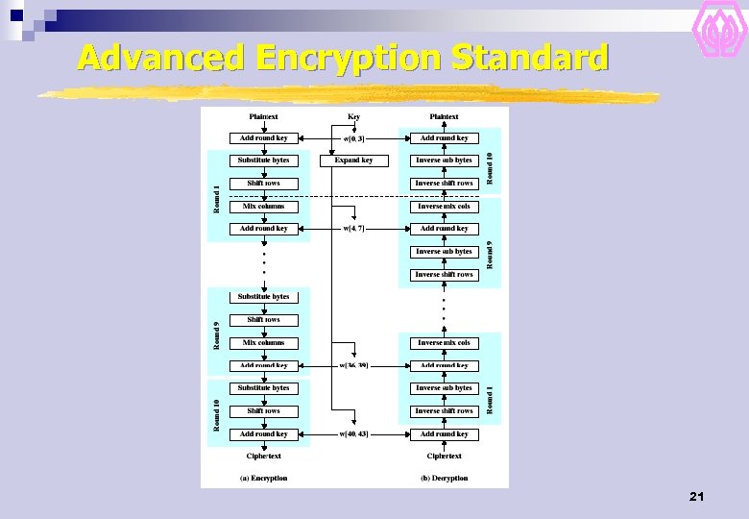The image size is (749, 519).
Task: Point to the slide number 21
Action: point(697,497)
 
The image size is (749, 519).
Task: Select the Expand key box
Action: point(353,161)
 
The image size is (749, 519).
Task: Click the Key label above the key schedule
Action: point(353,116)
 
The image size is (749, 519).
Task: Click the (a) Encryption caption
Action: point(263,478)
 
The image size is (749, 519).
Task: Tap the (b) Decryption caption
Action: point(444,478)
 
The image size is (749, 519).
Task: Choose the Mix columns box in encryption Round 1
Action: point(263,207)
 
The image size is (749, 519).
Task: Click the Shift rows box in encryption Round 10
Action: point(263,411)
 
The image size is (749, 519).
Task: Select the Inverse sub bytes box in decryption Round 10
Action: point(444,161)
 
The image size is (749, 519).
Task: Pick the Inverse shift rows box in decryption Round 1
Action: point(444,411)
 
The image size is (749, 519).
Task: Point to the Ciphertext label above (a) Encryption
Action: point(263,457)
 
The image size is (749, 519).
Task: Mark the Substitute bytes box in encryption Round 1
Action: point(263,161)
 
